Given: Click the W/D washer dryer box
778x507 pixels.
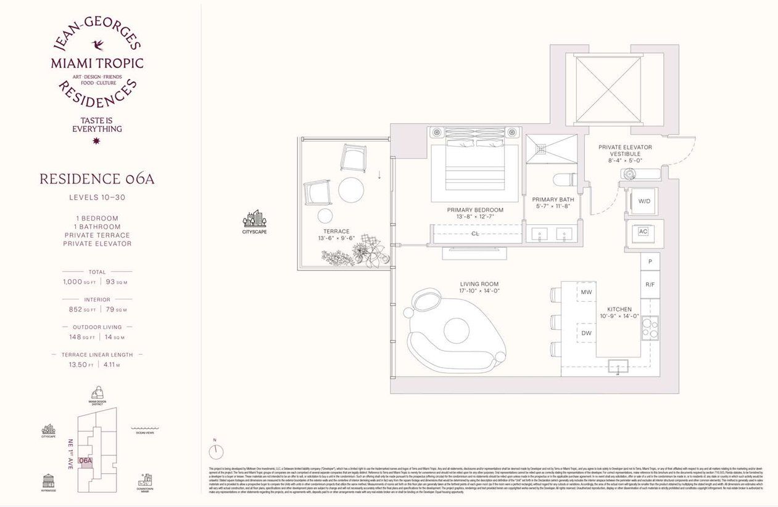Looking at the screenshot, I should pos(644,200).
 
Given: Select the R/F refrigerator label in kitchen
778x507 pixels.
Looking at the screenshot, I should pos(650,285).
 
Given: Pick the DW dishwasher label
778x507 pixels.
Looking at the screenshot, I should pos(587,333).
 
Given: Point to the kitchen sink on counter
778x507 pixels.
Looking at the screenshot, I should pos(618,366).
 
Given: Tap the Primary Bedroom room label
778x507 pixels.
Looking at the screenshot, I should pos(475,210).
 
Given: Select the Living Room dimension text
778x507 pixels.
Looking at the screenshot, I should pos(479,291).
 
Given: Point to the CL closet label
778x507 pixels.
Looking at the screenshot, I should pos(475,234).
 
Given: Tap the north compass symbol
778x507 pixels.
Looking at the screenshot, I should pos(215,452).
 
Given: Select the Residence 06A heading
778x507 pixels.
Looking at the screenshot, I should pos(97,179).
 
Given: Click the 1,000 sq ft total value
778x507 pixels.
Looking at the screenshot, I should pos(77,282).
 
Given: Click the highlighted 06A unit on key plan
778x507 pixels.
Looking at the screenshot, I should pos(86,461).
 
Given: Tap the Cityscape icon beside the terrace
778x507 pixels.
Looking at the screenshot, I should pos(254,219).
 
